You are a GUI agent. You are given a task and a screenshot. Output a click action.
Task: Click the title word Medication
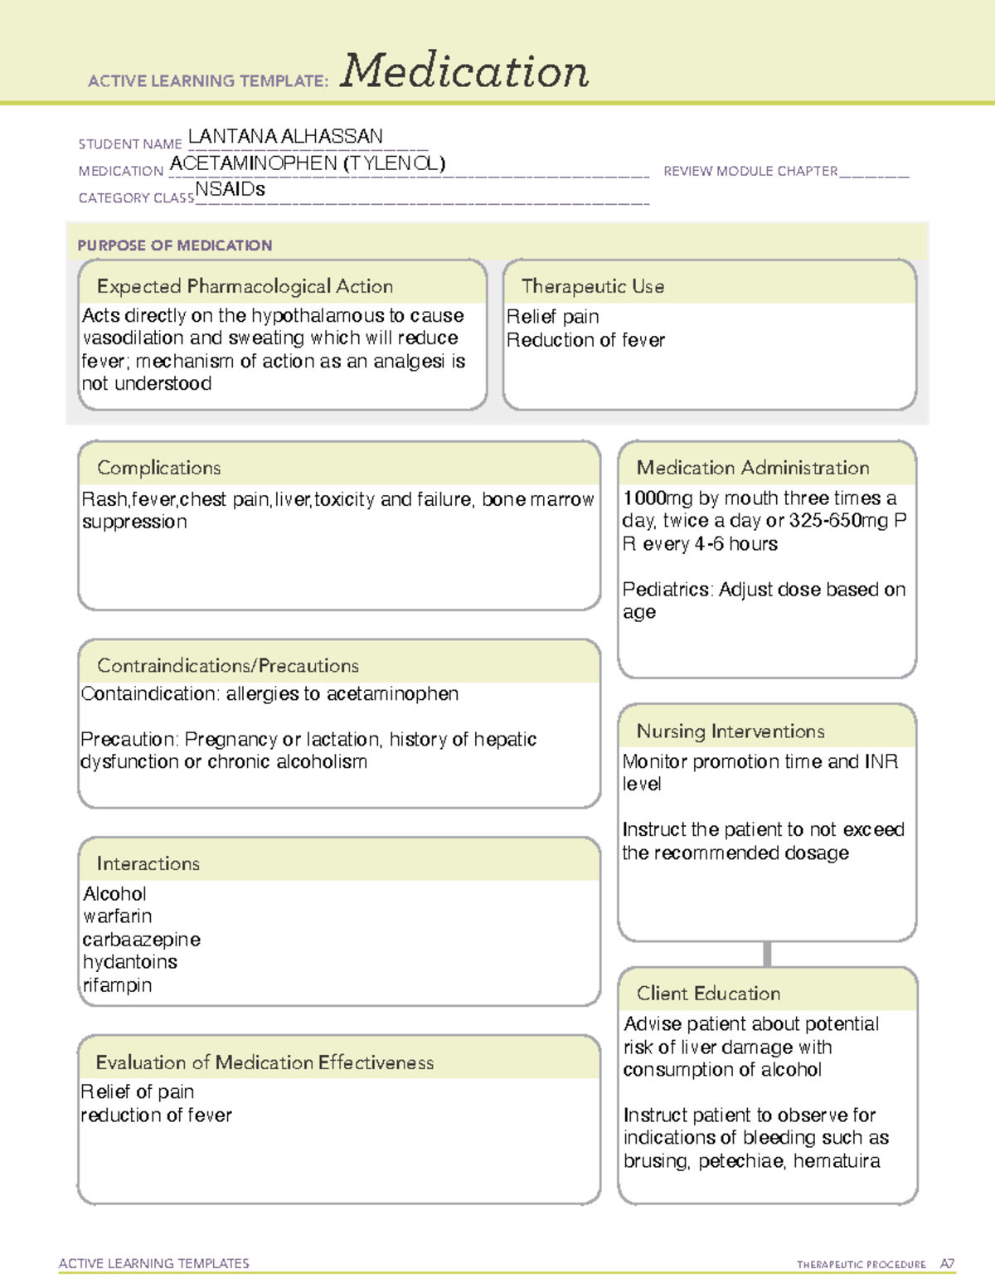coord(464,71)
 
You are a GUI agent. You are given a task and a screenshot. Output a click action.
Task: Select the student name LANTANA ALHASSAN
coord(285,136)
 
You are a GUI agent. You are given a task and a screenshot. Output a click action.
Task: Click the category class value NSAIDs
coord(230,189)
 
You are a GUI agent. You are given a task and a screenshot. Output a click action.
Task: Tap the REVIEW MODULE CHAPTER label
coord(750,171)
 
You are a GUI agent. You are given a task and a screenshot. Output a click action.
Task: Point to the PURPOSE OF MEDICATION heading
coord(175,245)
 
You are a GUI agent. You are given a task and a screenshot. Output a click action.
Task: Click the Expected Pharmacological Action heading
coord(245,286)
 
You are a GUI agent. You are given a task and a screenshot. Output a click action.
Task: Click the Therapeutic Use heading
coord(592,286)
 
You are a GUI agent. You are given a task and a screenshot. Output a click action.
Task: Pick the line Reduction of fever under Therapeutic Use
coord(585,340)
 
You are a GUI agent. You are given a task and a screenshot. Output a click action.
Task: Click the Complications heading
coord(159,468)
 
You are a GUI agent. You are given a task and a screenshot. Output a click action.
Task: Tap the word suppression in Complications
coord(134,522)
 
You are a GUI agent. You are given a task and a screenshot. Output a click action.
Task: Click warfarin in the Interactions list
coord(118,916)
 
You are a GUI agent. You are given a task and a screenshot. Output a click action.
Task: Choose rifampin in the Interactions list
coord(117,985)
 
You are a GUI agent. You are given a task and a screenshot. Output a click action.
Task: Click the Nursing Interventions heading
coord(730,731)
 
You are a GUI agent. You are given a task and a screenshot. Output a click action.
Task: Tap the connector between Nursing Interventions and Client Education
coord(767,954)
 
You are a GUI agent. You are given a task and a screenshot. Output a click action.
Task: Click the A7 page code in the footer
coord(947,1264)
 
